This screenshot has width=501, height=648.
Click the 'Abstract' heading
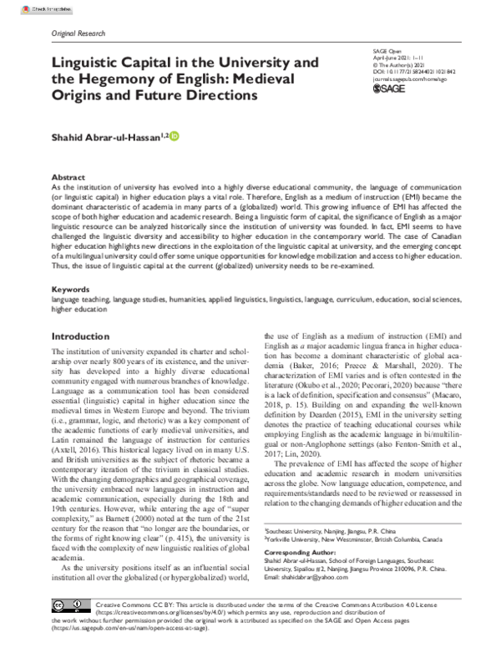coord(68,178)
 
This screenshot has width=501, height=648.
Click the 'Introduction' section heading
coord(86,337)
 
